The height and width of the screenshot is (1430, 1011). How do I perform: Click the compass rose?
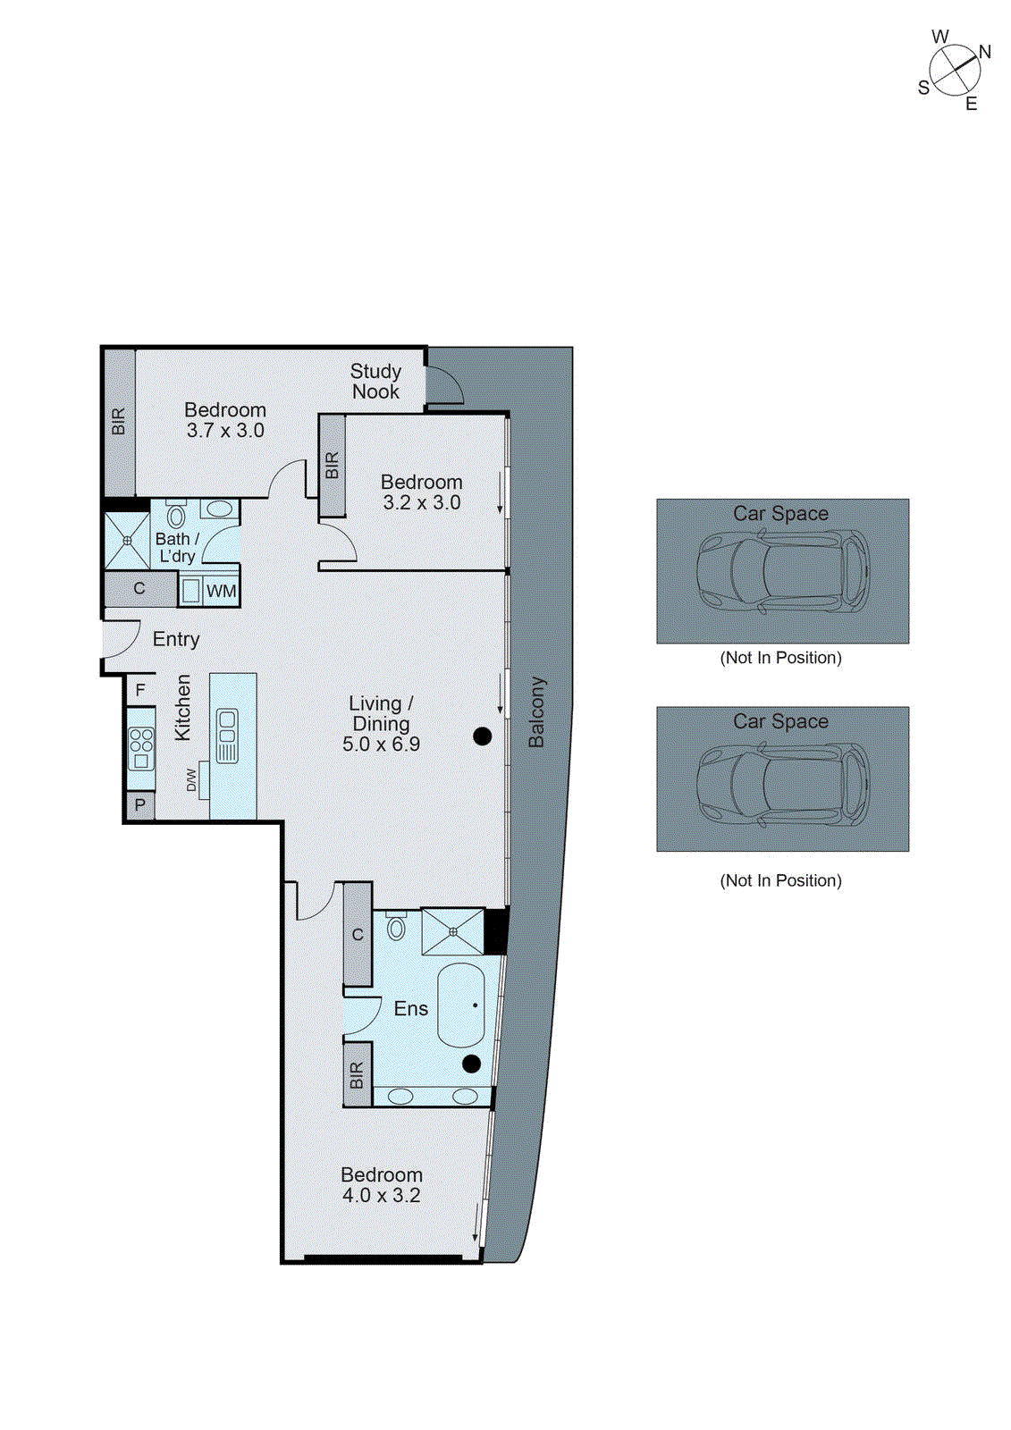tap(955, 70)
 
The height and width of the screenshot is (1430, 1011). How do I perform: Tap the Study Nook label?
tap(375, 382)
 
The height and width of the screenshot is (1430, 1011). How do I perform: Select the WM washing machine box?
tap(221, 591)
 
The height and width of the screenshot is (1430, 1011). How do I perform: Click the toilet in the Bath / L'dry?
tap(176, 516)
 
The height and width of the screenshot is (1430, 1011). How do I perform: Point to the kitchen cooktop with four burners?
tap(141, 749)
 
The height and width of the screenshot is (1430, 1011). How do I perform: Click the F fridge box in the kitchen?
tap(140, 691)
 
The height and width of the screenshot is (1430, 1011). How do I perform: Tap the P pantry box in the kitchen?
tap(140, 805)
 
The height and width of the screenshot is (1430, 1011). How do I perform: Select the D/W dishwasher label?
tap(191, 780)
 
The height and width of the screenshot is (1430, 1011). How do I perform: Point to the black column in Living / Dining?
tap(483, 736)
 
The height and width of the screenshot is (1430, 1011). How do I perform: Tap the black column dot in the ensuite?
tap(472, 1064)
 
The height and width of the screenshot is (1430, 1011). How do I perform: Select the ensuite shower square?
tap(452, 932)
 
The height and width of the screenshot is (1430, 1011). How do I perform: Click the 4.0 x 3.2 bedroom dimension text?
tap(382, 1196)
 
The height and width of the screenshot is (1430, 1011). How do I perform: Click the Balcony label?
tap(536, 712)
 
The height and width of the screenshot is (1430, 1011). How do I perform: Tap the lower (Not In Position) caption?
tap(780, 880)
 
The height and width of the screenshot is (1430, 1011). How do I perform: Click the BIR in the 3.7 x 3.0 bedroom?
tap(119, 422)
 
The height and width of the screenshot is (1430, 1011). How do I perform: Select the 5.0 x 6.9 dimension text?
tap(382, 744)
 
